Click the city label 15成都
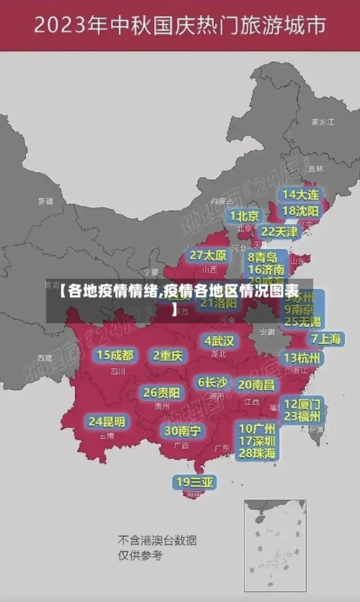pos(114,355)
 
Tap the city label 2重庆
pos(168,355)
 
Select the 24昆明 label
pos(107,421)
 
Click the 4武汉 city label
pos(220,340)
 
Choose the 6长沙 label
pos(212,382)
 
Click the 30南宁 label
pos(182,431)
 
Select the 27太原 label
pos(208,255)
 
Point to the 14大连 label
pos(300,194)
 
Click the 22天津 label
pos(279,232)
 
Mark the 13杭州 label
pos(303,358)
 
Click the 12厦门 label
pos(302,403)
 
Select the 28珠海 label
pos(257,453)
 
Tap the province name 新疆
pos(45,201)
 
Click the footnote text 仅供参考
pos(140,555)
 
